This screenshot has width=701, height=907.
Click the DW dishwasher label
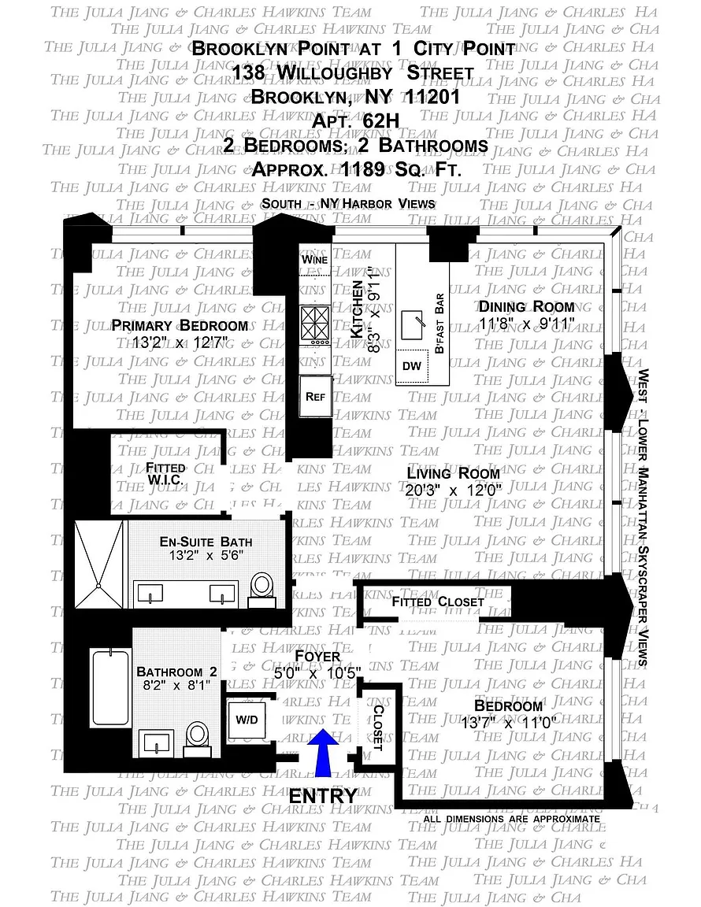pos(412,366)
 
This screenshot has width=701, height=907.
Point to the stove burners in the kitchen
pos(316,324)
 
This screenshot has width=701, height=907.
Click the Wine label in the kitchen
pos(315,259)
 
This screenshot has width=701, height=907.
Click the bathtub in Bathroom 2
pos(109,687)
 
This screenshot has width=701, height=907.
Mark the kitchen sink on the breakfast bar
pos(412,323)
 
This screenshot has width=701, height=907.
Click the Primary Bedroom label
pos(180,326)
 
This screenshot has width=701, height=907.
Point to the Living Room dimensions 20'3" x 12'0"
pos(453,490)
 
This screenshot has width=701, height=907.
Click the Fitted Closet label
pos(438,602)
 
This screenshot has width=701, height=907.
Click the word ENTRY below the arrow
pos(323,796)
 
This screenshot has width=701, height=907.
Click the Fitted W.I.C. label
pos(165,473)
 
